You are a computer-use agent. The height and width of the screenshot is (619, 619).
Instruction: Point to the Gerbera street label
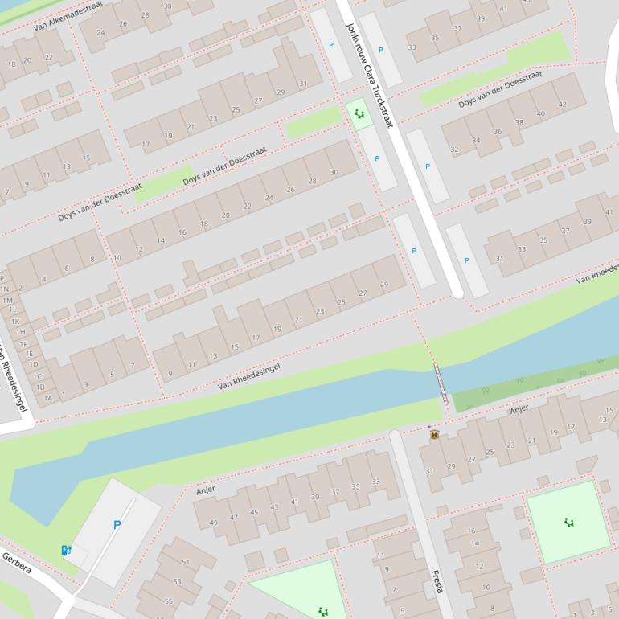[x=16, y=563]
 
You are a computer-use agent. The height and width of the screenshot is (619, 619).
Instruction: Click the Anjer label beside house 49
[x=206, y=490]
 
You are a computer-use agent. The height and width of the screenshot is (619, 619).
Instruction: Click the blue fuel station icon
[x=66, y=550]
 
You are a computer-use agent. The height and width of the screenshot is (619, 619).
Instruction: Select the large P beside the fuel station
[x=117, y=525]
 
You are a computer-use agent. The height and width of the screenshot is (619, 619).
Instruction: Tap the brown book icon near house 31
[x=434, y=435]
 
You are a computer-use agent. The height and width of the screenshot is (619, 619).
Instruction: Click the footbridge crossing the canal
[x=441, y=383]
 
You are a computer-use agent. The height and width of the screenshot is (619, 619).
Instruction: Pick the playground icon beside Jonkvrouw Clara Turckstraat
[x=359, y=115]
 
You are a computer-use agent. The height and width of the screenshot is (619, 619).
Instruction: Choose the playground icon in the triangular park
[x=322, y=612]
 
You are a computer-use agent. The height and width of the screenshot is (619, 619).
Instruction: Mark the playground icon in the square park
[x=569, y=523]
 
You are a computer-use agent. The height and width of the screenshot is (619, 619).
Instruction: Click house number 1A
[x=48, y=397]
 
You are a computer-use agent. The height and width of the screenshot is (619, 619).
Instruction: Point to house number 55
[x=168, y=601]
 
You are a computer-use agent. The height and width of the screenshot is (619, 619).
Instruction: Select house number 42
[x=562, y=105]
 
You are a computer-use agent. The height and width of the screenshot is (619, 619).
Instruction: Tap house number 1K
[x=15, y=322]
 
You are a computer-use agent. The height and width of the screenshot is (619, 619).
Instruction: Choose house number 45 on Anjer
[x=254, y=512]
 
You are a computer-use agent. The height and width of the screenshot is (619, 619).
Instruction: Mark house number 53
[x=177, y=581]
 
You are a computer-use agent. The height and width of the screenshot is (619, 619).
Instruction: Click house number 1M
[x=8, y=300]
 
